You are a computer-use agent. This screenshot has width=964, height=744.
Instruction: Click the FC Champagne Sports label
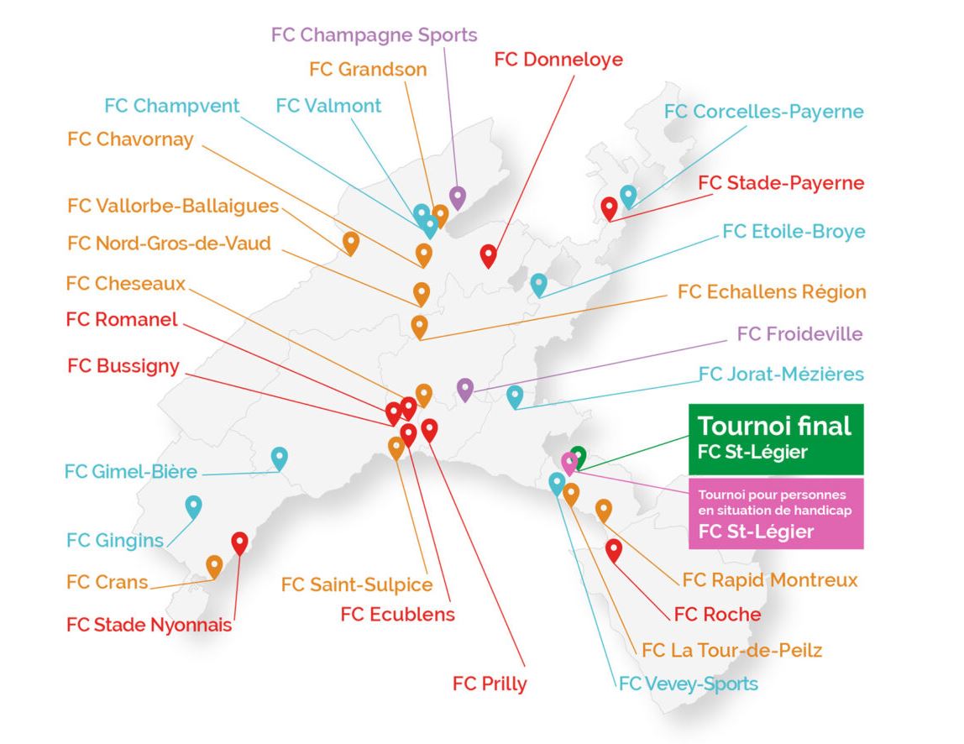click(x=374, y=35)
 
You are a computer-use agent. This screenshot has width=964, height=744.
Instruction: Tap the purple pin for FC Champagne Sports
click(x=458, y=197)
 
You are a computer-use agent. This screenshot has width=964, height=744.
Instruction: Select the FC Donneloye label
click(x=558, y=59)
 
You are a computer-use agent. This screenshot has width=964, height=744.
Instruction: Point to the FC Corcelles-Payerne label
click(x=763, y=112)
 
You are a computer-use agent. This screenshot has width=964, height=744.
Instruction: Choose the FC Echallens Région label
click(x=772, y=291)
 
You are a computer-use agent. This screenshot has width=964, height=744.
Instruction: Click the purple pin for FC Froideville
click(x=465, y=390)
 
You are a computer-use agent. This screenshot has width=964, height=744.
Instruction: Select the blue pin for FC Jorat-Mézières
click(x=515, y=397)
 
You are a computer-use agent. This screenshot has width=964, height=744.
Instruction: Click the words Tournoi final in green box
click(x=774, y=426)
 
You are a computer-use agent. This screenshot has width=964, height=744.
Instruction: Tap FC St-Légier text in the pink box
click(x=756, y=531)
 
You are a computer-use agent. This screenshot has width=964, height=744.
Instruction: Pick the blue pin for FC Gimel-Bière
click(x=279, y=458)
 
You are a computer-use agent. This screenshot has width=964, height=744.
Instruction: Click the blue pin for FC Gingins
click(x=194, y=507)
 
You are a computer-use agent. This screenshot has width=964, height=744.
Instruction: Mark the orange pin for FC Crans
click(x=214, y=567)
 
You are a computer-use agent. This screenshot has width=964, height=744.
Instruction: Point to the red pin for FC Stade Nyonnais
click(x=240, y=543)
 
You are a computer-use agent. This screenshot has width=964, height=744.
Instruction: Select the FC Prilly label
click(x=490, y=684)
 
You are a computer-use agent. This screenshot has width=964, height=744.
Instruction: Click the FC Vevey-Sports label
click(x=688, y=684)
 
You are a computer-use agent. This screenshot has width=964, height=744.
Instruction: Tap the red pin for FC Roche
click(x=614, y=550)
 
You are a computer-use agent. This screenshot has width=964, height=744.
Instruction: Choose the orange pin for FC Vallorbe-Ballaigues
click(x=350, y=244)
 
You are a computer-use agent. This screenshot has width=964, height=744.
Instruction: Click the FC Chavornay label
click(x=130, y=139)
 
